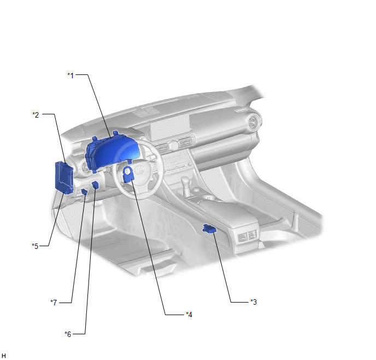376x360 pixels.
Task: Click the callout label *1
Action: pyautogui.click(x=70, y=76)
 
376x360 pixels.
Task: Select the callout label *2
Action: pyautogui.click(x=36, y=115)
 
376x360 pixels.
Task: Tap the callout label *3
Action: pyautogui.click(x=254, y=302)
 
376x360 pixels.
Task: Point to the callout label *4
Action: pyautogui.click(x=189, y=315)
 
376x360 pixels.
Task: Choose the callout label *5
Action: pyautogui.click(x=35, y=246)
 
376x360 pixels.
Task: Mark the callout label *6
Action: pyautogui.click(x=68, y=334)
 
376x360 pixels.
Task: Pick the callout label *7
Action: pyautogui.click(x=54, y=303)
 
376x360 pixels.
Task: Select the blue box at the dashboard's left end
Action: pyautogui.click(x=64, y=178)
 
